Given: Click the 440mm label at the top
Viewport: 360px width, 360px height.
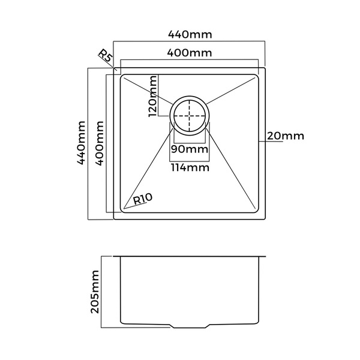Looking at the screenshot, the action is (x=190, y=34).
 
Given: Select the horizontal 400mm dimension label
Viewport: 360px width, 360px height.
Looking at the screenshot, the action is (x=190, y=53).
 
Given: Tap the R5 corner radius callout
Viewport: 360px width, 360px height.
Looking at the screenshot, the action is (x=106, y=56).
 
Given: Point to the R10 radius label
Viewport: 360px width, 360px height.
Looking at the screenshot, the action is (x=142, y=199).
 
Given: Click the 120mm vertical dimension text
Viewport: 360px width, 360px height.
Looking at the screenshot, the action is (x=152, y=96).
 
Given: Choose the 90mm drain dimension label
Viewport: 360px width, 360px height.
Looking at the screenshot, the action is (x=190, y=149).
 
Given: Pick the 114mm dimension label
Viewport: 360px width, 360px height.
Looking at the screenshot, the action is (x=190, y=167).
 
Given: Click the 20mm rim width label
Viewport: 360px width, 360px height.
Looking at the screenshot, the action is (x=286, y=136).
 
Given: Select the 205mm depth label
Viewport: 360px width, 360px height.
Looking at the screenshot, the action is (x=95, y=292).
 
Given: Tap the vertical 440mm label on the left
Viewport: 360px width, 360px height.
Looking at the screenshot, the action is (x=81, y=143).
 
